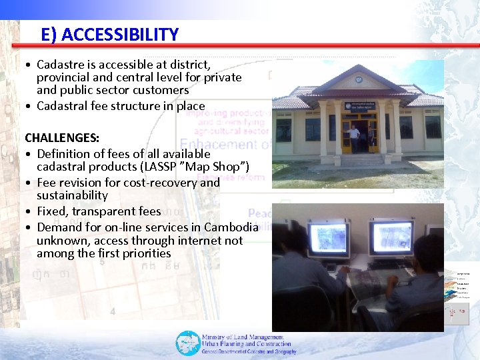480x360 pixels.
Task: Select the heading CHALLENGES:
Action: [x=62, y=137]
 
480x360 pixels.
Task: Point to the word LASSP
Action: [x=161, y=167]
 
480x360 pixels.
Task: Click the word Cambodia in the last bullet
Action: [x=231, y=227]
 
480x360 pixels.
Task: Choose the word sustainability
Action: [x=72, y=195]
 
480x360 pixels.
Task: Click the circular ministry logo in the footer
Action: [x=187, y=343]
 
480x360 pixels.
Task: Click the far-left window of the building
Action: [x=284, y=129]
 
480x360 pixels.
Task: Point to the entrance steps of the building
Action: [x=361, y=160]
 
